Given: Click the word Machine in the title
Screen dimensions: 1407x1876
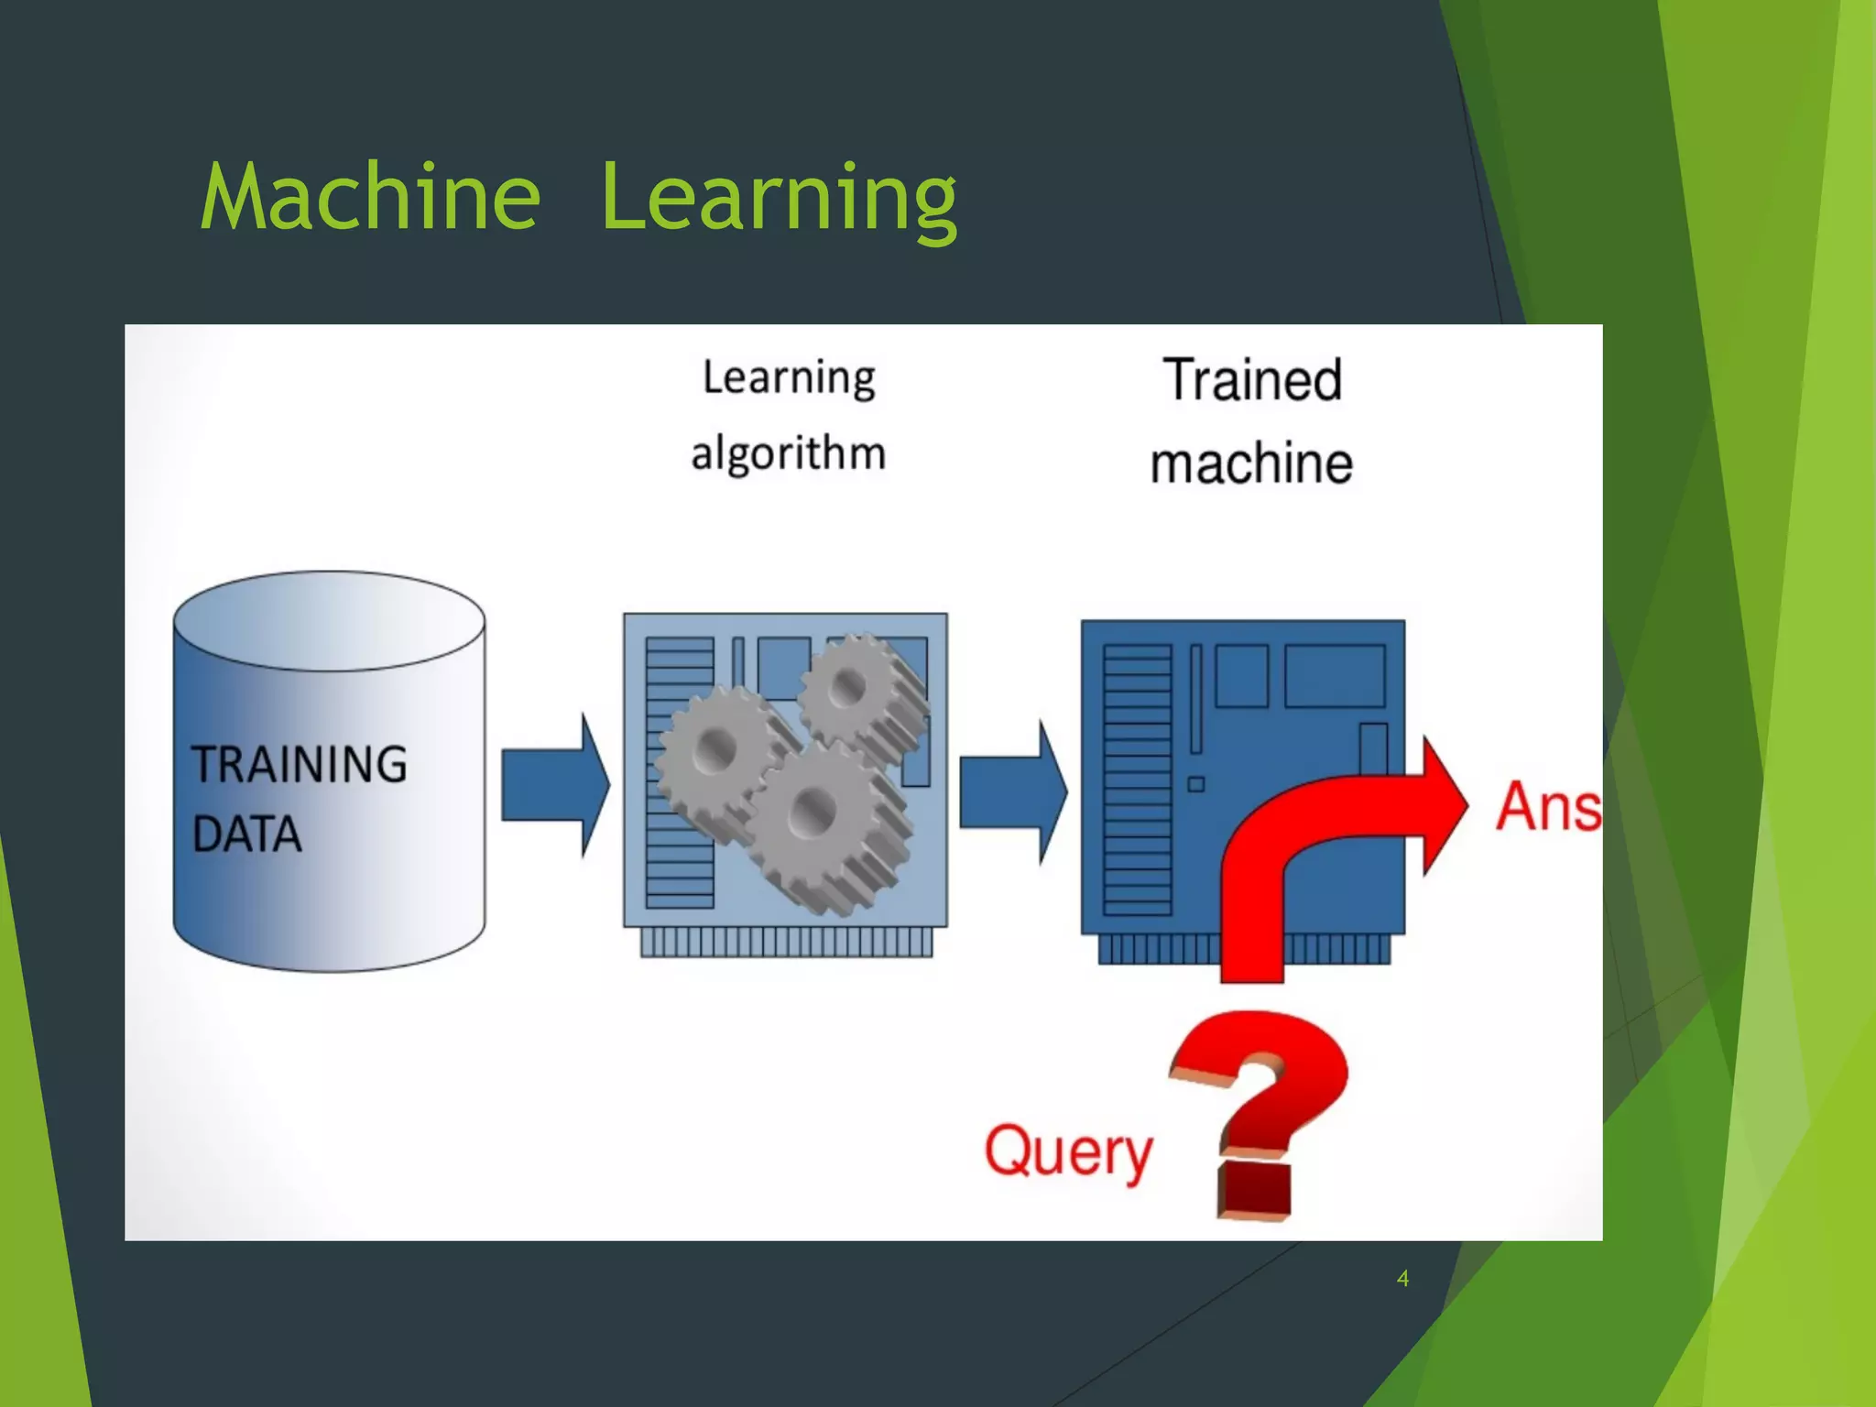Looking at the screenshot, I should click(370, 196).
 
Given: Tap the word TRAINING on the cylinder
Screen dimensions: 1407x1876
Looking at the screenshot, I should click(300, 765).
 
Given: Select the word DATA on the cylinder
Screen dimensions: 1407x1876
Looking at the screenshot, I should click(247, 834).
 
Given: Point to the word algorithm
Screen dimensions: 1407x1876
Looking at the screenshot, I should click(789, 453).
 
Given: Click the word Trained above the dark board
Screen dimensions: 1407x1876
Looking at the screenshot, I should click(1252, 379).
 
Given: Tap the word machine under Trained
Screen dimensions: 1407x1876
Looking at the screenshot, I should click(1251, 463).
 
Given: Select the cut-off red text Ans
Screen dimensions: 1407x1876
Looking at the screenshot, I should click(1549, 807).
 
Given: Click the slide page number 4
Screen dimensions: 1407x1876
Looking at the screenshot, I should click(1402, 1278).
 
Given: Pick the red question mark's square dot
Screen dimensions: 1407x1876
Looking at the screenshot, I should click(1254, 1189).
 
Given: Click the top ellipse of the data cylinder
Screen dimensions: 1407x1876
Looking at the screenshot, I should click(329, 621).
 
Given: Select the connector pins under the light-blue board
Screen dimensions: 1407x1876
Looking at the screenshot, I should click(786, 942).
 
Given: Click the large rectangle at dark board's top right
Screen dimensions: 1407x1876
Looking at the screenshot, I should click(1335, 676).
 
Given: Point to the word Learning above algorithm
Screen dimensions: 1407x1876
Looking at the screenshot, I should click(789, 377).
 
